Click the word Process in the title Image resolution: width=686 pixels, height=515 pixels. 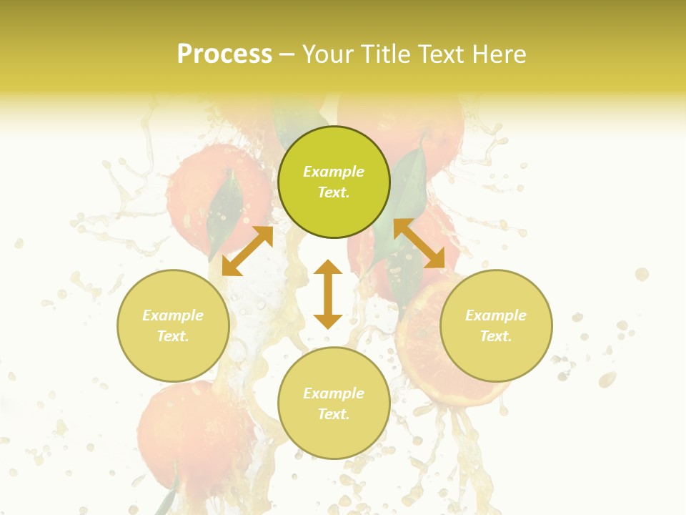coord(224,54)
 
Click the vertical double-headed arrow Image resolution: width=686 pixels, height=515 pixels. coord(328,294)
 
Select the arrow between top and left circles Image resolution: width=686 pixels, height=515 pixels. coord(247,251)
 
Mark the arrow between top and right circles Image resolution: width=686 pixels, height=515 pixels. coord(419,243)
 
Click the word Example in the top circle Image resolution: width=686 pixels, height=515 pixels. coord(334,172)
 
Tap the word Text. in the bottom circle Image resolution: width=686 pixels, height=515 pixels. coord(334,414)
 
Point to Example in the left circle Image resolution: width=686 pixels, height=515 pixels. coord(173,315)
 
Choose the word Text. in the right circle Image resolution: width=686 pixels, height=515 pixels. coord(496,336)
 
